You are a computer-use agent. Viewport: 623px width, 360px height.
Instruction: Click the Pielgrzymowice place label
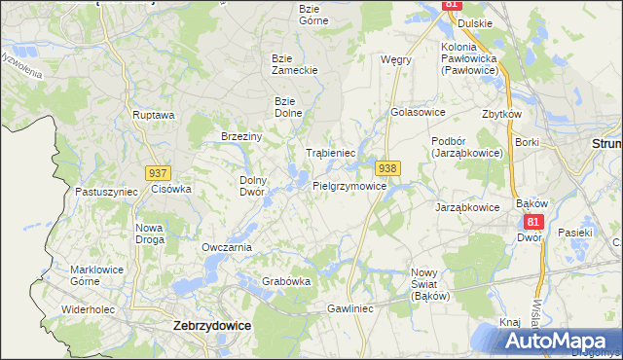pos(356,185)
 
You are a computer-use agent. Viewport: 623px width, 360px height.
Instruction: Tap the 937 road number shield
pos(158,172)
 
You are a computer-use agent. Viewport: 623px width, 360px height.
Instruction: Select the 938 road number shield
pos(387,168)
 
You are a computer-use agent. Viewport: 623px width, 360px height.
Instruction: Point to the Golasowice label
pos(417,112)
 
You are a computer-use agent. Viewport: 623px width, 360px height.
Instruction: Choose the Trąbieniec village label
pos(330,154)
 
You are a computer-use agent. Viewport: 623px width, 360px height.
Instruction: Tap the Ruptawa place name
pos(154,115)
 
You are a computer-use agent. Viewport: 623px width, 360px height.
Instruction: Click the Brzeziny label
pos(242,136)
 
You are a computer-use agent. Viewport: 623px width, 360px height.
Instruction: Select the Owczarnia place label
pos(227,247)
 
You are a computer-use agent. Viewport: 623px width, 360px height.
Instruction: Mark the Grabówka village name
pos(286,281)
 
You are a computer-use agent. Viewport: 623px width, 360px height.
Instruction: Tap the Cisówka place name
pos(171,189)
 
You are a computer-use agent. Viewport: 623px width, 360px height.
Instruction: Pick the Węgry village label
pos(396,59)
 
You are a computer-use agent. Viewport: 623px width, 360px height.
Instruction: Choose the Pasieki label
pos(575,233)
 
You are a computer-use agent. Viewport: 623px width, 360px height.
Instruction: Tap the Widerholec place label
pos(90,309)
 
